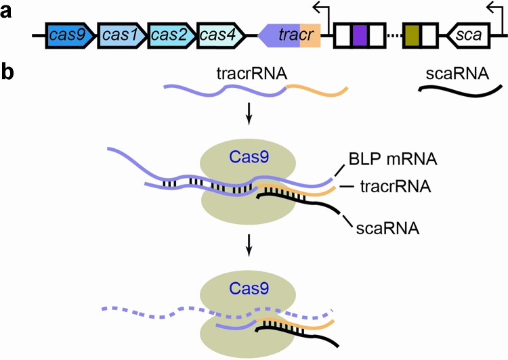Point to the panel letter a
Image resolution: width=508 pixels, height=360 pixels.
pyautogui.click(x=8, y=12)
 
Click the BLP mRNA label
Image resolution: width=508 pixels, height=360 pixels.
pyautogui.click(x=393, y=160)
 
